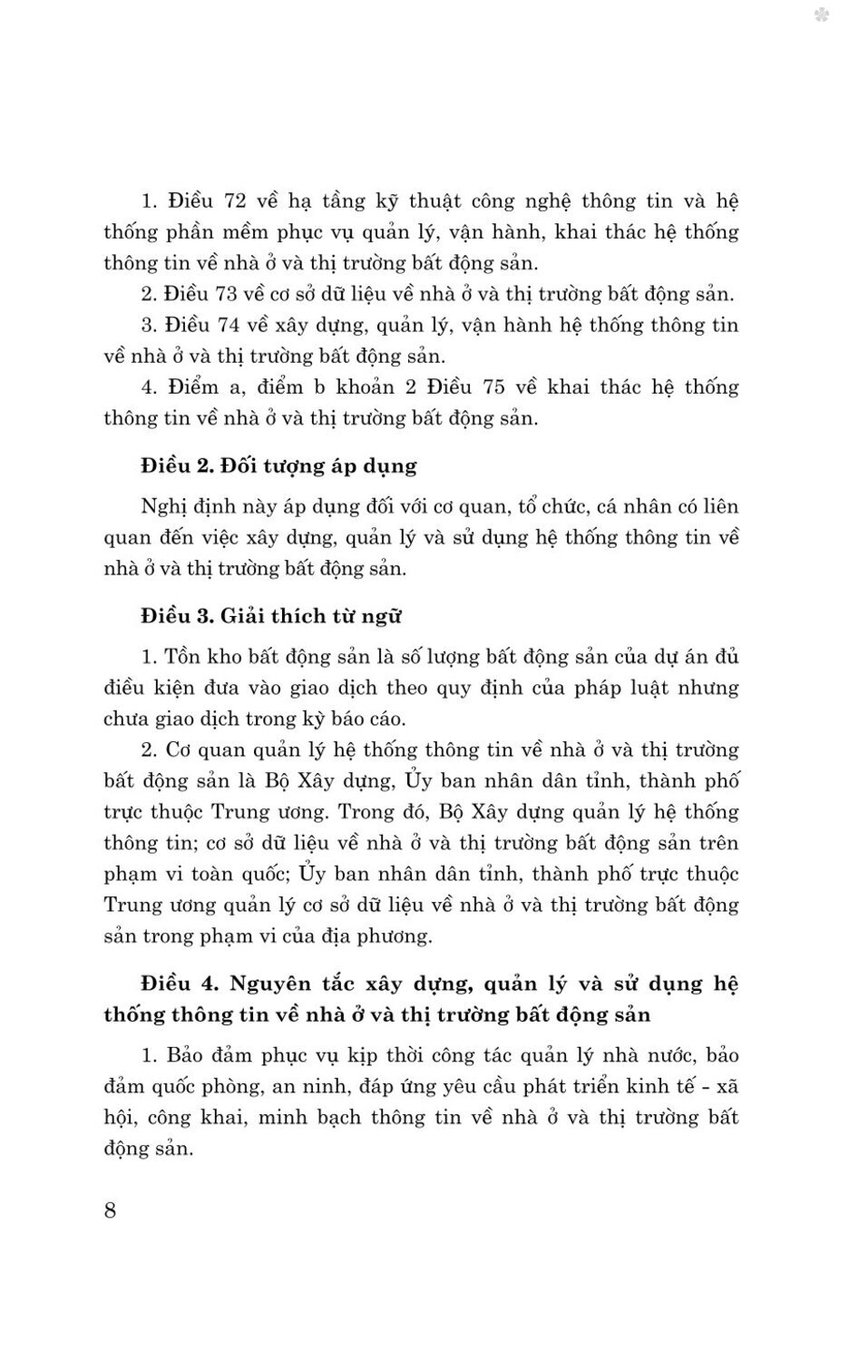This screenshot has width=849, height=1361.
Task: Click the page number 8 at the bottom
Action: click(x=111, y=1210)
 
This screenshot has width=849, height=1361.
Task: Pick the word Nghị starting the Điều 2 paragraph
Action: click(x=163, y=505)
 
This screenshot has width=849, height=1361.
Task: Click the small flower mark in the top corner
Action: click(x=822, y=15)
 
